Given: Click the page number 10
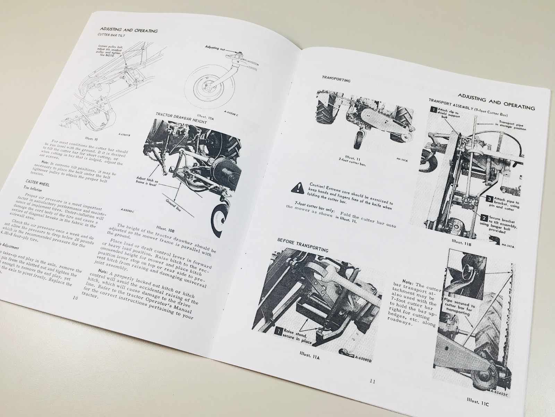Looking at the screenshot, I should [76, 298].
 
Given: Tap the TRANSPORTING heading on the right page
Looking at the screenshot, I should [336, 80].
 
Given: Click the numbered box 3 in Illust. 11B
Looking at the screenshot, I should [488, 199].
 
